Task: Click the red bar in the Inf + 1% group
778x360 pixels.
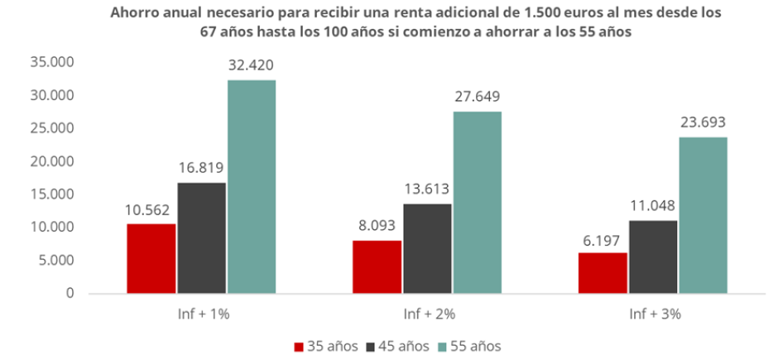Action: tap(151, 258)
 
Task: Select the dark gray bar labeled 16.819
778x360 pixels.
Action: tap(201, 238)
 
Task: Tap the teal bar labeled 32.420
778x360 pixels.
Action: tap(252, 186)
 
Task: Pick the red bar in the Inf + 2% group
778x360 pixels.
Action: tap(377, 266)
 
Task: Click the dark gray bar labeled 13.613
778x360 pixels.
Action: tap(427, 248)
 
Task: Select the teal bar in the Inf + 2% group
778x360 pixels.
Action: tap(477, 202)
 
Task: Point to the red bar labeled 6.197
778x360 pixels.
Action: tap(603, 272)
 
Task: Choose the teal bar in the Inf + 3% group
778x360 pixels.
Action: tap(703, 215)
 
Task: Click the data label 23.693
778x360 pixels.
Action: tap(704, 122)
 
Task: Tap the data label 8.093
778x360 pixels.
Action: tap(377, 225)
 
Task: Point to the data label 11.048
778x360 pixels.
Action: tap(653, 205)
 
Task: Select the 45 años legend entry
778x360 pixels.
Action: tap(400, 345)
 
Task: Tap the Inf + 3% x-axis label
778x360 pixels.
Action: tap(653, 314)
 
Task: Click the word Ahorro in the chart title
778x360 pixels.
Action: tap(131, 14)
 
